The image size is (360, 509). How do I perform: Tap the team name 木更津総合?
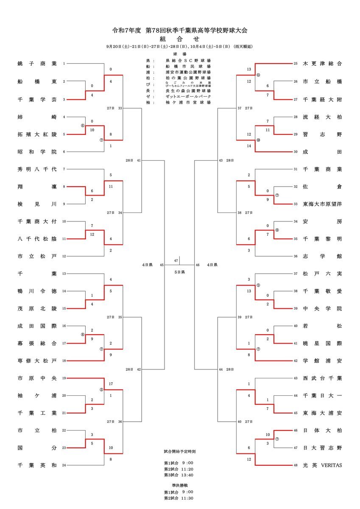[322, 64]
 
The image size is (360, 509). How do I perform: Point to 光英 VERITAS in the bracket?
[322, 465]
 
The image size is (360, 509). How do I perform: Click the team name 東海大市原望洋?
[322, 204]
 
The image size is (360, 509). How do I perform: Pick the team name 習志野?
[322, 134]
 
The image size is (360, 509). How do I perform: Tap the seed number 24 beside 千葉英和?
[64, 465]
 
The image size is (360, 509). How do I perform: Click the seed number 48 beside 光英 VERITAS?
[296, 465]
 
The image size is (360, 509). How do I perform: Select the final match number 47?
[176, 260]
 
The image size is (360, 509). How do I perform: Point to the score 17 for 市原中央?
[111, 384]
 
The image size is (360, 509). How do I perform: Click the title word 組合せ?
[179, 39]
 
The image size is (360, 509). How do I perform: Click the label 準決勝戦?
[179, 484]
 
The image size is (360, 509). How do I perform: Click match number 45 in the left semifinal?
[162, 265]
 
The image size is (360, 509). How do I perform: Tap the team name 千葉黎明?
[322, 239]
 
